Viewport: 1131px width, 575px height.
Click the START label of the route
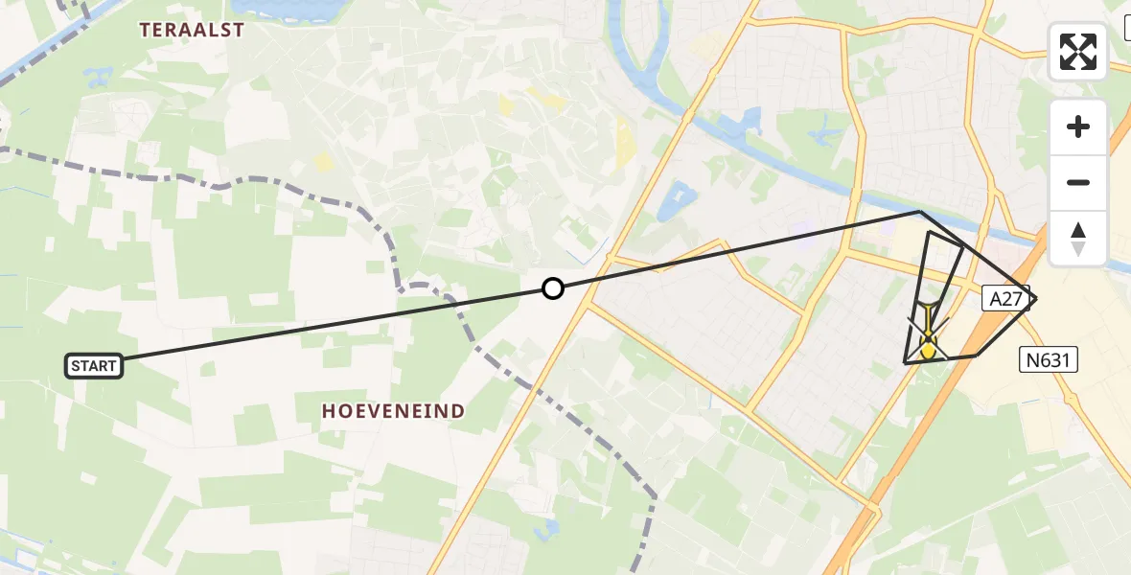[94, 365]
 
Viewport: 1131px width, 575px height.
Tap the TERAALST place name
[193, 30]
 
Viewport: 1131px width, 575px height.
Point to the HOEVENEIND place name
[393, 411]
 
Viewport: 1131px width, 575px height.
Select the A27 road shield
[1005, 299]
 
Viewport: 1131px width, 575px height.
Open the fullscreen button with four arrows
[1078, 52]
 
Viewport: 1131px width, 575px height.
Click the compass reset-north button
[1078, 238]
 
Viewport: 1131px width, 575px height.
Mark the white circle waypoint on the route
[552, 287]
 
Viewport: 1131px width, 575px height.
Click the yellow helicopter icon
[928, 339]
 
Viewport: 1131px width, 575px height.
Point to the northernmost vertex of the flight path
[919, 212]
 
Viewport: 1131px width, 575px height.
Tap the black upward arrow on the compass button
[1078, 230]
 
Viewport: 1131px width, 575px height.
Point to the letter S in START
[76, 365]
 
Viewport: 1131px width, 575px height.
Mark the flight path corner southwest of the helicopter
[905, 362]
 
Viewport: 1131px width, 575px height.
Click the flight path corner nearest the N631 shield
[977, 356]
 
